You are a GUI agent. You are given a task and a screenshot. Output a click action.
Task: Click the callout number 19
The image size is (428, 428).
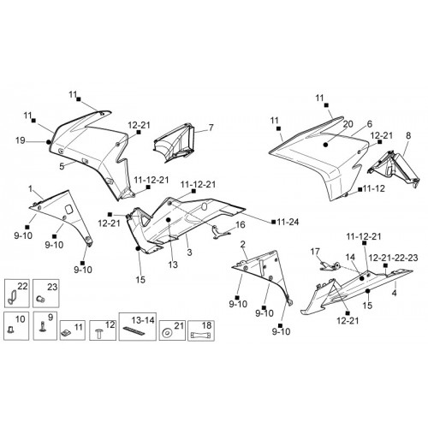click(21, 140)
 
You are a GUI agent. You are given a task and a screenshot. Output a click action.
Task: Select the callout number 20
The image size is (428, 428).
click(348, 124)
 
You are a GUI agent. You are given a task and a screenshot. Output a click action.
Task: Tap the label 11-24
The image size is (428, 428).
click(288, 222)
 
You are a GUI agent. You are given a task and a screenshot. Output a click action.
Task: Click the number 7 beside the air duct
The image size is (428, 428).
click(211, 128)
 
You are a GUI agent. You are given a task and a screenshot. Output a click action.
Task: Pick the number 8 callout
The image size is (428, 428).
click(408, 135)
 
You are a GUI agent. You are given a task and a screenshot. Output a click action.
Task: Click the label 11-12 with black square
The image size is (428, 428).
click(372, 188)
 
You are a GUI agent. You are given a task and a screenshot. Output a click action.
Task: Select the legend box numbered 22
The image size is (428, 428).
click(17, 294)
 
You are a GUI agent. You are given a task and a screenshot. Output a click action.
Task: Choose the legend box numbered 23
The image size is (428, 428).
click(46, 294)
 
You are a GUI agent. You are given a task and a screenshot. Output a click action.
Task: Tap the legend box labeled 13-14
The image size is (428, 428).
click(138, 326)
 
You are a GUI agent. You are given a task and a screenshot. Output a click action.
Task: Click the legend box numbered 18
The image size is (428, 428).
click(201, 330)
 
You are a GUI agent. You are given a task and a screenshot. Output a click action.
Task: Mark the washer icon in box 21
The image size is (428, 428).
click(165, 333)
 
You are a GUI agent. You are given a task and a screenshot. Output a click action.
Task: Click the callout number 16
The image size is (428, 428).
click(241, 225)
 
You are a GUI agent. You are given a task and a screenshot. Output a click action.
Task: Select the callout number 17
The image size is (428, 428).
click(315, 252)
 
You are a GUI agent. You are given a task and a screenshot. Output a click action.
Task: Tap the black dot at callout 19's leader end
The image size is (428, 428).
click(49, 142)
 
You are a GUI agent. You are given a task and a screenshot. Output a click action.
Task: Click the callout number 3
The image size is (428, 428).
click(189, 253)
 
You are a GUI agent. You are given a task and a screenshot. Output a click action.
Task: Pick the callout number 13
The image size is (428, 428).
click(173, 265)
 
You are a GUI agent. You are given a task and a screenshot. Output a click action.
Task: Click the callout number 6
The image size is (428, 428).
click(370, 124)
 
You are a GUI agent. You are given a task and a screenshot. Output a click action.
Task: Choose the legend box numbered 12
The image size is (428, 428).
click(103, 330)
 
